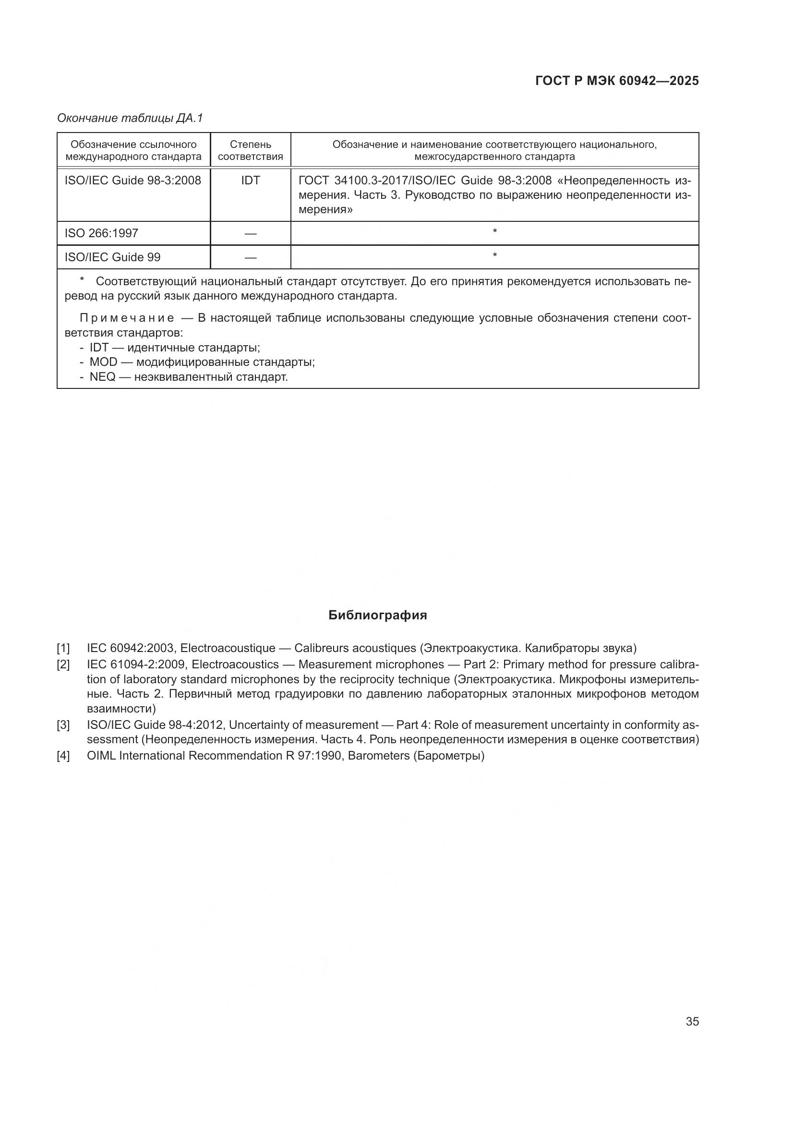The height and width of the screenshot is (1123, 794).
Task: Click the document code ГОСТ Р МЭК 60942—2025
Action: pos(617,81)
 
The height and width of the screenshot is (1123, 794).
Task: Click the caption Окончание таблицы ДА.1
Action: pos(130,118)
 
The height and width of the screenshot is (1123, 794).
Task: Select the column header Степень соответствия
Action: pos(250,151)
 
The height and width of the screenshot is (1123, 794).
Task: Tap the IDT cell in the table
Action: pos(250,181)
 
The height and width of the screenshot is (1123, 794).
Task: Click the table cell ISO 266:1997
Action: pos(101,233)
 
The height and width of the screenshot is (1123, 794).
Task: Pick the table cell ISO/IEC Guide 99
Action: pos(112,257)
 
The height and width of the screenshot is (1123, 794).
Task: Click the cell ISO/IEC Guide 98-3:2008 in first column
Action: pos(132,181)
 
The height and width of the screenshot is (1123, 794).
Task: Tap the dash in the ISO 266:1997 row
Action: pos(250,234)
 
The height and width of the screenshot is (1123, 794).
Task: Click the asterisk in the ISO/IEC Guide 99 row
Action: pos(495,255)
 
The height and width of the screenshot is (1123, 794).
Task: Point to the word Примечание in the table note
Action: pos(127,318)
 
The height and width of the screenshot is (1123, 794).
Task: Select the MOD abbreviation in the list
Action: pos(103,362)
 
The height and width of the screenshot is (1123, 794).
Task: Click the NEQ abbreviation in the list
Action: pos(102,377)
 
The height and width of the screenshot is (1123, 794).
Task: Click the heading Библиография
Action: pos(377,616)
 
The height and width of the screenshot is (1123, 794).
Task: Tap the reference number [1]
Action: pos(63,649)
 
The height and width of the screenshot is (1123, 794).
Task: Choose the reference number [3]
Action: pos(63,725)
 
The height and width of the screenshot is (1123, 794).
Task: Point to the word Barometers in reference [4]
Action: pos(378,756)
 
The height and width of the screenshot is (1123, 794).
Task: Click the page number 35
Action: pos(692,1021)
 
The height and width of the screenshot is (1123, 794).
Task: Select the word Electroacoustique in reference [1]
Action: pos(228,649)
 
